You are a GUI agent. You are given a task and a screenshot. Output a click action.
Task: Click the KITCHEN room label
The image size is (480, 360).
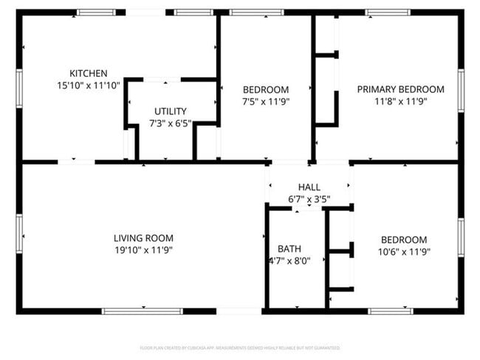coord(89,73)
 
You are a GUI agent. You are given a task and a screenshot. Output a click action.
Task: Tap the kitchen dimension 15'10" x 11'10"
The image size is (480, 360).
coord(89,85)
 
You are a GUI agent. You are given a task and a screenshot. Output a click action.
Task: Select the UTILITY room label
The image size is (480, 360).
coord(171,111)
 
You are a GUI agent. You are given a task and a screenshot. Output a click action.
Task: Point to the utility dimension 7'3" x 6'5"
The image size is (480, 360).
coord(171,123)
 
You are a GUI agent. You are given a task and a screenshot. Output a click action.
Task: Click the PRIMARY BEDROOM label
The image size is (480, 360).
coord(400,89)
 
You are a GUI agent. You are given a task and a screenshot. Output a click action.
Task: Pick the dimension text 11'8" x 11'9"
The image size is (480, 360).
coord(400,101)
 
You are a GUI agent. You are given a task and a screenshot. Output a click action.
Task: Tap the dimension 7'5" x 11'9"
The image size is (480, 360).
coord(265,101)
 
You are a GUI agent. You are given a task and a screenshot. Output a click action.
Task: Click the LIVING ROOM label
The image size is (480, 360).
coord(143,238)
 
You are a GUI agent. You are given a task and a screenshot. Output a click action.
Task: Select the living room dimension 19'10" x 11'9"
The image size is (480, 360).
coord(143,250)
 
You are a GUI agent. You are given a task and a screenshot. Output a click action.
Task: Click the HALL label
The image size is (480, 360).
coord(309,187)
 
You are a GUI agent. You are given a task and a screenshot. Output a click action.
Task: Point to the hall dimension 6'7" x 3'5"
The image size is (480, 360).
coord(309,199)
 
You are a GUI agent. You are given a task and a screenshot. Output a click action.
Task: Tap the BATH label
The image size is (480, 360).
coord(289,249)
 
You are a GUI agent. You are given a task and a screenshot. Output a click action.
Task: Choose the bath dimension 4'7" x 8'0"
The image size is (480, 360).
coord(289,260)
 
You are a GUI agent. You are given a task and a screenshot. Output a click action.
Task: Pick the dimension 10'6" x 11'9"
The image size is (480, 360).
coord(403,252)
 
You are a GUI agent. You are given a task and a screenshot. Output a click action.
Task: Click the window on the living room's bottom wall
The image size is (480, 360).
coord(142,311)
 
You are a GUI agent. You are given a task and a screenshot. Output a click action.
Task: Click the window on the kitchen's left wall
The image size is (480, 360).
coord(19,88)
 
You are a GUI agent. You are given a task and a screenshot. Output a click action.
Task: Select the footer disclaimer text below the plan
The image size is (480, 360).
coord(239,347)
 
